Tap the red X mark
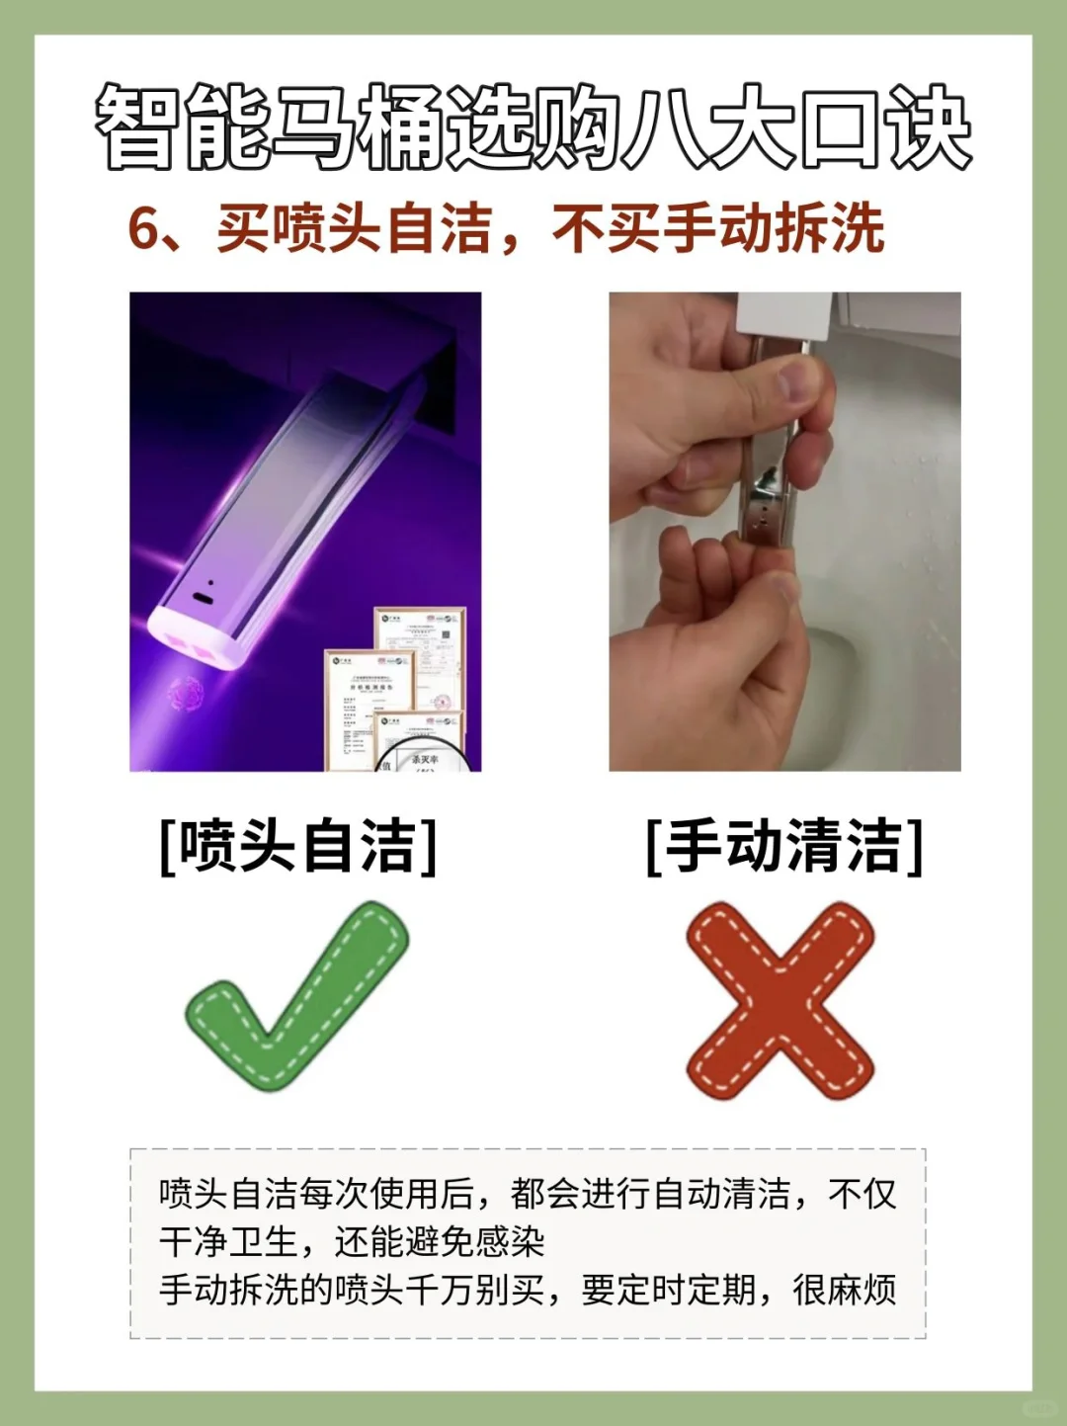(x=780, y=1000)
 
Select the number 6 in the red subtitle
(x=144, y=229)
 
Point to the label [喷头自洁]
(x=297, y=846)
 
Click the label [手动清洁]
(x=784, y=846)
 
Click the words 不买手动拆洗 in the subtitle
(x=718, y=229)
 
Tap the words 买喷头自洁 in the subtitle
(x=354, y=229)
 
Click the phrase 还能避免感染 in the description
(x=440, y=1241)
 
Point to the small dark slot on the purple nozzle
(x=204, y=599)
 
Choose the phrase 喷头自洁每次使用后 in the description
(x=316, y=1194)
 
